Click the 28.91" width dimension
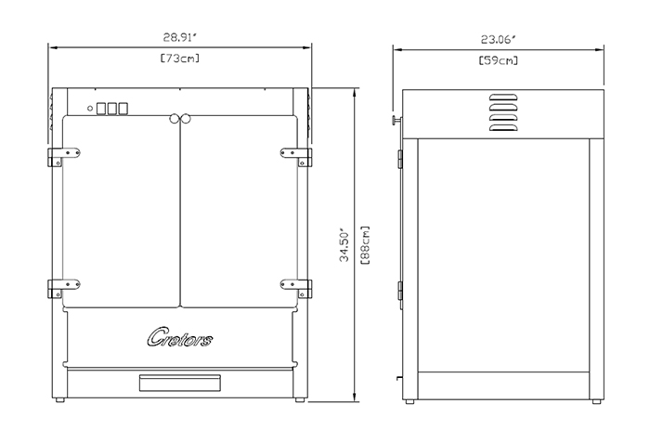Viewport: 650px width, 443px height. point(179,37)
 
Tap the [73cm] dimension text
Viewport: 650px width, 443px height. point(180,59)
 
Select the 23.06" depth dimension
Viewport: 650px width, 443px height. point(499,39)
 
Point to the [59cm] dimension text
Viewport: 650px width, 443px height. point(499,60)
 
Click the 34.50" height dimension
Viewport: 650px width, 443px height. point(344,244)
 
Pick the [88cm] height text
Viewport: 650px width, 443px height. point(365,245)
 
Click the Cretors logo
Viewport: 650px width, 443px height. point(180,337)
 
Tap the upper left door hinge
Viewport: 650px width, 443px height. point(64,156)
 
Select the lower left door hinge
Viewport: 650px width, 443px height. point(64,288)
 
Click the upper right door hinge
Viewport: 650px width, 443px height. point(296,156)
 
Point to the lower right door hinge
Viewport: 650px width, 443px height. point(296,288)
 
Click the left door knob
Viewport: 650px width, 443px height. point(175,119)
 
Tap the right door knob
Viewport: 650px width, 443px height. point(186,119)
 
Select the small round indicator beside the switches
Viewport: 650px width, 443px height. point(90,109)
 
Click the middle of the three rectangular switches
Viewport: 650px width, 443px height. point(112,109)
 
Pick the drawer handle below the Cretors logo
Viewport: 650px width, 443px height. point(180,383)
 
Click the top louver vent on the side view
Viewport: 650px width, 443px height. point(503,98)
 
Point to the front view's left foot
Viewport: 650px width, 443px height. point(60,400)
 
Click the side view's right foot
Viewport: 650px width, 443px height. point(596,401)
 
